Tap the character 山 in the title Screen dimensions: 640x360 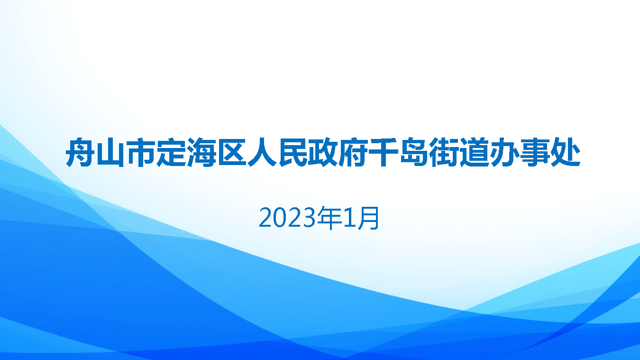point(110,152)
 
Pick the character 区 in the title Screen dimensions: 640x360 point(232,152)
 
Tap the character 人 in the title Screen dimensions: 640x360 point(262,152)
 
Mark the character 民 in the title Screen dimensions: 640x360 point(293,152)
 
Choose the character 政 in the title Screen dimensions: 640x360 point(323,152)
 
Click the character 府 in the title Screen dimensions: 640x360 point(354,152)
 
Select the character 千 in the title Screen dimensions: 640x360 point(384,152)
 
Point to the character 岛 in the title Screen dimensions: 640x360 point(414,152)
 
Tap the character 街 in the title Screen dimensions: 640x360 point(444,152)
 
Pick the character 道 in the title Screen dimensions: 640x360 point(475,152)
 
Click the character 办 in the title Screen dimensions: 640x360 point(505,152)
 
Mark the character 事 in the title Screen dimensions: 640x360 point(535,152)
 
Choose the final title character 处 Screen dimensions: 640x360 point(566,152)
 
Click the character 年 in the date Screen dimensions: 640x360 point(330,218)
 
